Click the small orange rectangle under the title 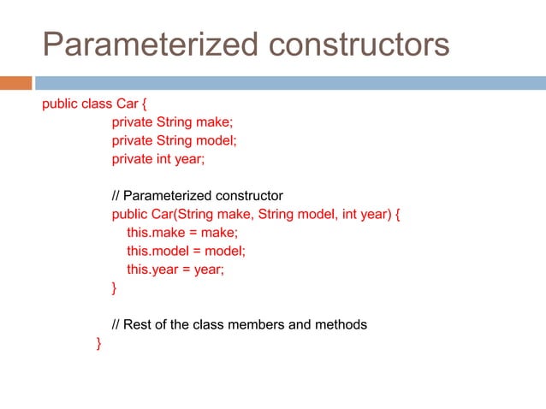(15, 83)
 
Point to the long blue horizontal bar (290, 83)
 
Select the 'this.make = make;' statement (182, 233)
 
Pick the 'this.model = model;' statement (186, 251)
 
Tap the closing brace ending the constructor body (115, 288)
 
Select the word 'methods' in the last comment (341, 325)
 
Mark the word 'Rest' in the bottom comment (139, 325)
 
